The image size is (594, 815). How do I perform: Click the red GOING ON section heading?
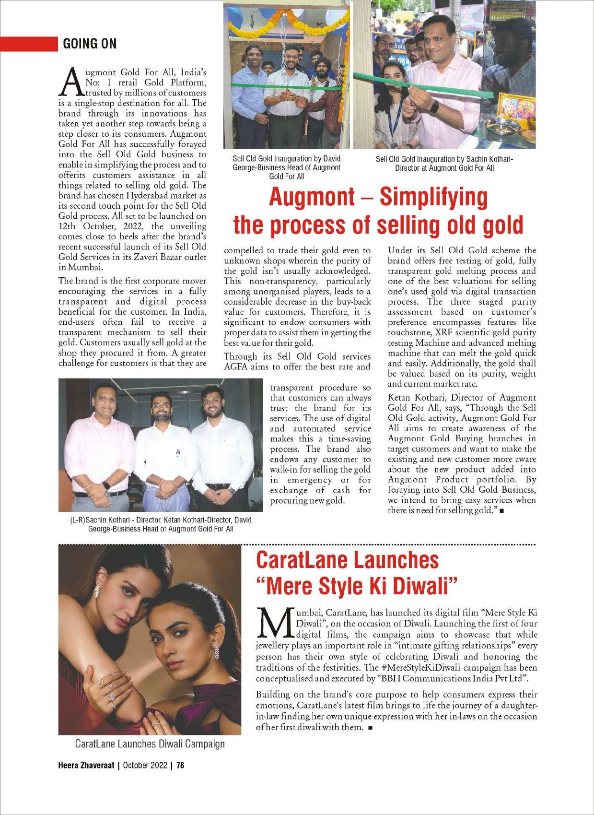90,44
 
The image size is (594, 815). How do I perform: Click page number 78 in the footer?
180,765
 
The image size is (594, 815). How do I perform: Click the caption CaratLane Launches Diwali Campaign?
150,744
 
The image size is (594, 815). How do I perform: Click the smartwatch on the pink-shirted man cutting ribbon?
434,106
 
